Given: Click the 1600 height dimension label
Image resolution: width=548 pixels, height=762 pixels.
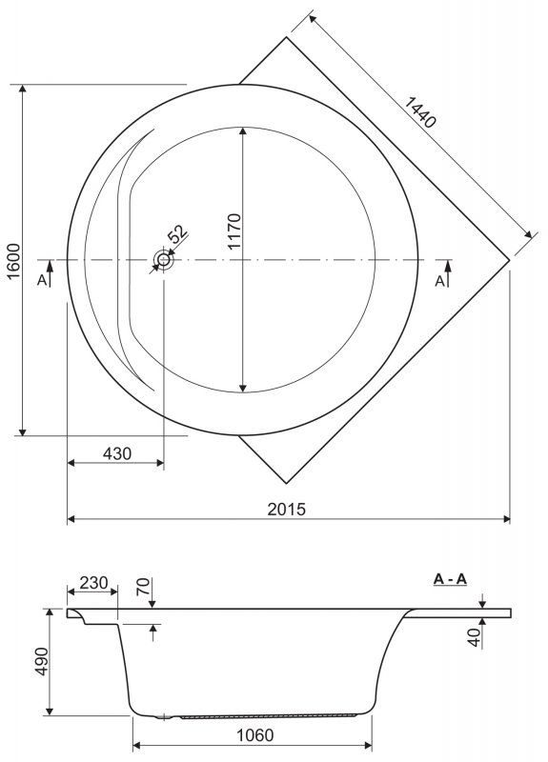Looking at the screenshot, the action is point(14,261).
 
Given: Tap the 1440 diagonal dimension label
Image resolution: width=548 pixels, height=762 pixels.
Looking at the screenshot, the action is point(419,112).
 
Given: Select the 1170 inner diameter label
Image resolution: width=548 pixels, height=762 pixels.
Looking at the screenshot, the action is point(234,231).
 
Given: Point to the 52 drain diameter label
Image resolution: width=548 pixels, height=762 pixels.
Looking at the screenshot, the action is point(178,233).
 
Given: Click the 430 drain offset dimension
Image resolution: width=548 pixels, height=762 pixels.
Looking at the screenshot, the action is point(117,453).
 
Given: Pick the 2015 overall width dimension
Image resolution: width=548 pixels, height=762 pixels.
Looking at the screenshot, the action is point(287,509).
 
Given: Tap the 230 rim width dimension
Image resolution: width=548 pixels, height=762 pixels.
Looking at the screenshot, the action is point(93,582).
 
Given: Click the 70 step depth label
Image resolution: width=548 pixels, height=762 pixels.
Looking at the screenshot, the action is point(143,588).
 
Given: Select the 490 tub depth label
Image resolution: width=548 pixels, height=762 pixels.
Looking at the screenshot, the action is point(42,661).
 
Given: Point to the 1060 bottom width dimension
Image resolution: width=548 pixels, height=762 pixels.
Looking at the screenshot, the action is point(254,735).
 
